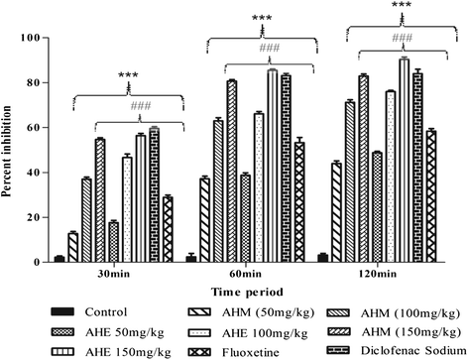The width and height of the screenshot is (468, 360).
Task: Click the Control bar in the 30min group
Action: coord(59,259)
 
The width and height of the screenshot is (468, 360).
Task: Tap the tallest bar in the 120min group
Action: coord(404,161)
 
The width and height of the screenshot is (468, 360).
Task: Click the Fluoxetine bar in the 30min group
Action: coord(168,229)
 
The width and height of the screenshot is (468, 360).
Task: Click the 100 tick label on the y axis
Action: coord(35,38)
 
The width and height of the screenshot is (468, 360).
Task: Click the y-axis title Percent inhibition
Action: coord(11,151)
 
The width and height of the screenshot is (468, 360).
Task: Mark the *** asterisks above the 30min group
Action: coord(128,76)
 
